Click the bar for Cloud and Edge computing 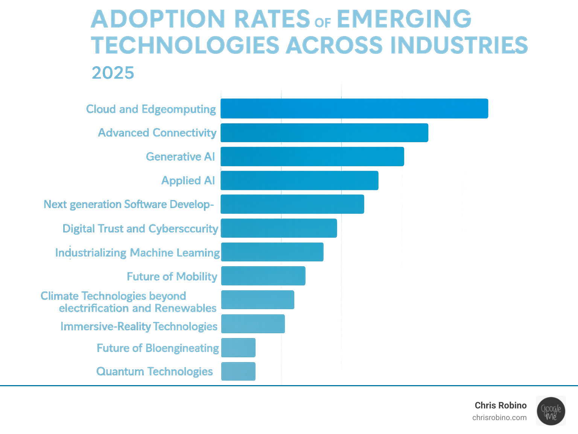tap(354, 109)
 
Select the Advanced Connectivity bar tap(324, 133)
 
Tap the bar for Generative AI tap(312, 156)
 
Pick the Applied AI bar tap(300, 181)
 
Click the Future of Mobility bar tap(263, 276)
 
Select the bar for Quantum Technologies tap(238, 371)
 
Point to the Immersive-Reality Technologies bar tap(253, 324)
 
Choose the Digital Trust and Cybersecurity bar tap(279, 228)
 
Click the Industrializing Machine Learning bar tap(272, 252)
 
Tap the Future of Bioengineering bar tap(238, 348)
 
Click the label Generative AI tap(180, 156)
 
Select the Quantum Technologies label tap(155, 372)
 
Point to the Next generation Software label tap(129, 204)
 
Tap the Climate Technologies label tap(128, 302)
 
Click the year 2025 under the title tap(113, 73)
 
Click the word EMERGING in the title tap(404, 19)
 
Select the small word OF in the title tap(323, 23)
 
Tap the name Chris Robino tap(500, 405)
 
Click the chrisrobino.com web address tap(499, 417)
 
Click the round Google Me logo tap(551, 411)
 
